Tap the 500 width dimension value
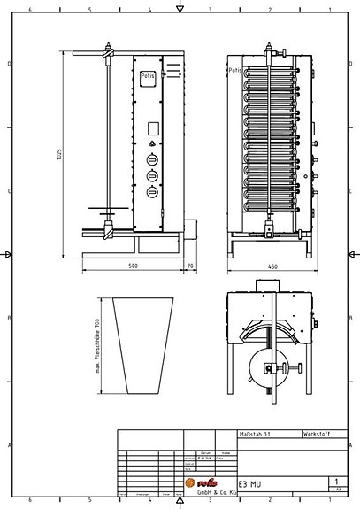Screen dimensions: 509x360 pos(133,265)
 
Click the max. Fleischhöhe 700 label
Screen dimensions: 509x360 pos(96,345)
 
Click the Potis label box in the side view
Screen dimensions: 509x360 pos(148,78)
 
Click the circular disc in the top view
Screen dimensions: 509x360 pos(266,370)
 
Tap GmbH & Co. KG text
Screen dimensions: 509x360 pos(215,492)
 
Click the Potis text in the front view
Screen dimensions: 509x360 pos(235,69)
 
